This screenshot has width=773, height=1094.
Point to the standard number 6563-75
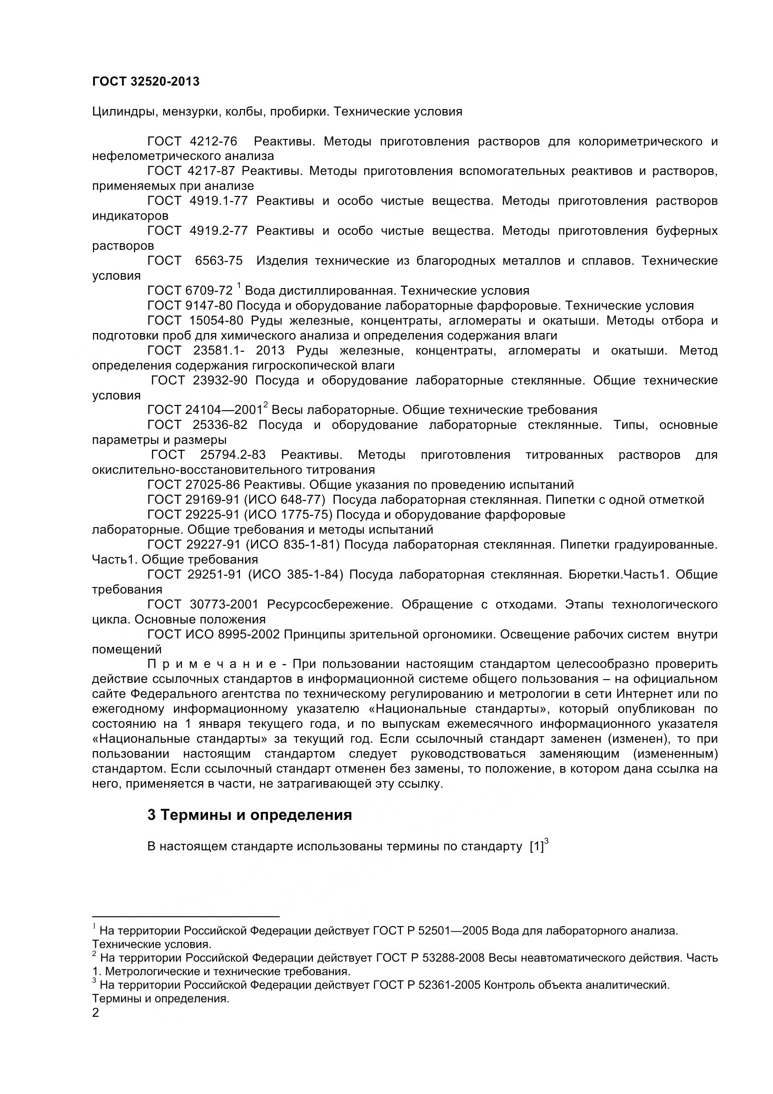click(x=218, y=261)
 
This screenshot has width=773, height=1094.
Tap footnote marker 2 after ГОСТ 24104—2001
click(x=266, y=406)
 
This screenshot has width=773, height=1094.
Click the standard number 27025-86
click(x=212, y=485)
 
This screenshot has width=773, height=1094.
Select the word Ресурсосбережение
click(x=330, y=604)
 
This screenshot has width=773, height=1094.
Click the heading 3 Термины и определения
click(x=250, y=815)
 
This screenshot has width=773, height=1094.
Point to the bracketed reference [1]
click(x=536, y=847)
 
